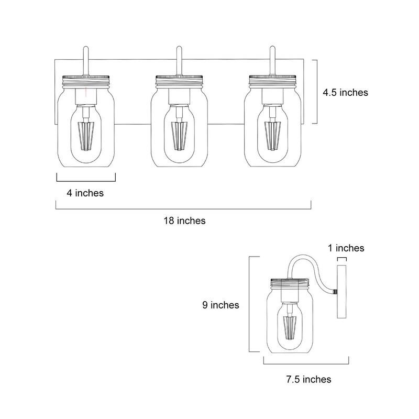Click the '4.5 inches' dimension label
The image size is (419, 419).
click(345, 92)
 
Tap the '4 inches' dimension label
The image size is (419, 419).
click(85, 193)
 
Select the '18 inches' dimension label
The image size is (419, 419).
click(183, 220)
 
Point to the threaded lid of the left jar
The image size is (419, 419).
click(85, 80)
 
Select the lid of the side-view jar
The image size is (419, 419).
click(289, 283)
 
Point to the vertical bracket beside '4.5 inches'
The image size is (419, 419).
click(313, 92)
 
